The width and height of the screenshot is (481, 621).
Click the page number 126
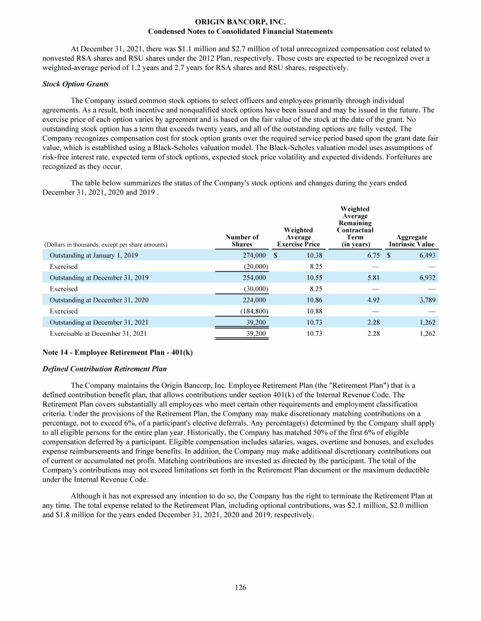click(240, 587)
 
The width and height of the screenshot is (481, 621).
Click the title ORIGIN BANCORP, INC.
click(240, 21)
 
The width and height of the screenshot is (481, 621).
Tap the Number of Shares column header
click(242, 241)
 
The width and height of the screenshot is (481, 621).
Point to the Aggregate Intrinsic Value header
click(411, 241)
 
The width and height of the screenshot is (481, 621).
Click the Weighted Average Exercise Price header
click(298, 237)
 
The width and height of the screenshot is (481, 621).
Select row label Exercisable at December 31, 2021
click(98, 333)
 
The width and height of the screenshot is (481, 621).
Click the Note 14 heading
click(117, 353)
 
